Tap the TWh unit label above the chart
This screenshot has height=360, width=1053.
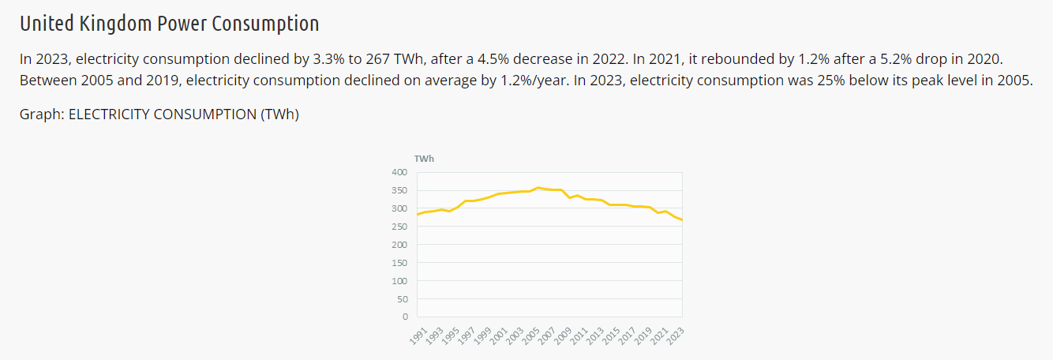(x=424, y=159)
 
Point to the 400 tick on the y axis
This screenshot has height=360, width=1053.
(x=399, y=172)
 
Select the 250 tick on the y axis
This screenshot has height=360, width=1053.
(x=399, y=227)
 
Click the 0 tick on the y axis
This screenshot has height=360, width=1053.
(x=405, y=317)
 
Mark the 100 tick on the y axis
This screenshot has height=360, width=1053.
(x=399, y=281)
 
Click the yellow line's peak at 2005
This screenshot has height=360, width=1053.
(x=538, y=188)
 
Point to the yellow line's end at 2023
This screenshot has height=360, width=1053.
(x=682, y=220)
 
